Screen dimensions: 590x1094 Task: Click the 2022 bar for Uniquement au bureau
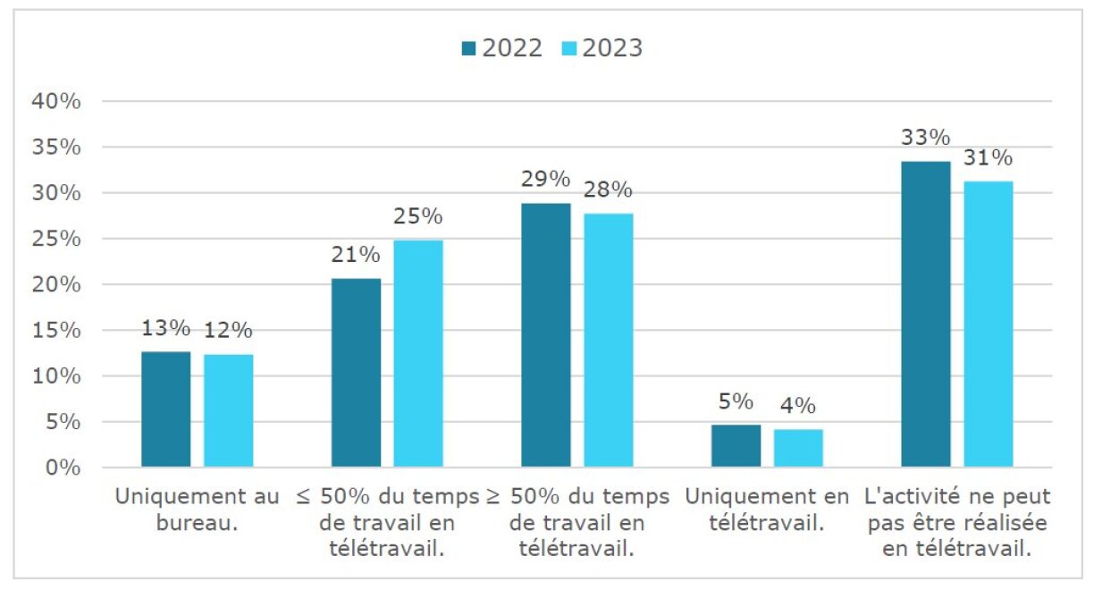point(165,409)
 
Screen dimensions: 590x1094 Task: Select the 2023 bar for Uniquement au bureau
point(228,411)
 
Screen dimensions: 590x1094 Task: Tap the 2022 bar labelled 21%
point(356,373)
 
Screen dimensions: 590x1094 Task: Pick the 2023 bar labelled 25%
point(417,353)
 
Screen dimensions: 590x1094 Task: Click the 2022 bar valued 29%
point(546,335)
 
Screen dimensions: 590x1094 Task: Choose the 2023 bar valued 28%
point(608,340)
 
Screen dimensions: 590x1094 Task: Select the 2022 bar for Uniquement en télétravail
point(736,446)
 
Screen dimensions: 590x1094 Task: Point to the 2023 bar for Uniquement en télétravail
point(798,449)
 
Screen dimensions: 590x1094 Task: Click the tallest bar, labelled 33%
point(926,314)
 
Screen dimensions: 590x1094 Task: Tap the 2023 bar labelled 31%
point(988,324)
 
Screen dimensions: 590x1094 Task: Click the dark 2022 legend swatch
point(469,48)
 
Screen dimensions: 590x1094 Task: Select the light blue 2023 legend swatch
point(569,48)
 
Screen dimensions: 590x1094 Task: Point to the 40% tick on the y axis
point(56,101)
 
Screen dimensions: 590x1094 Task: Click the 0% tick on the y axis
point(63,468)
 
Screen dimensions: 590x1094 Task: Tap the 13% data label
point(165,328)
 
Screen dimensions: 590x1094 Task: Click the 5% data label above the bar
point(736,401)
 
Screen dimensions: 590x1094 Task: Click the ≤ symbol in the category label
point(303,497)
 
